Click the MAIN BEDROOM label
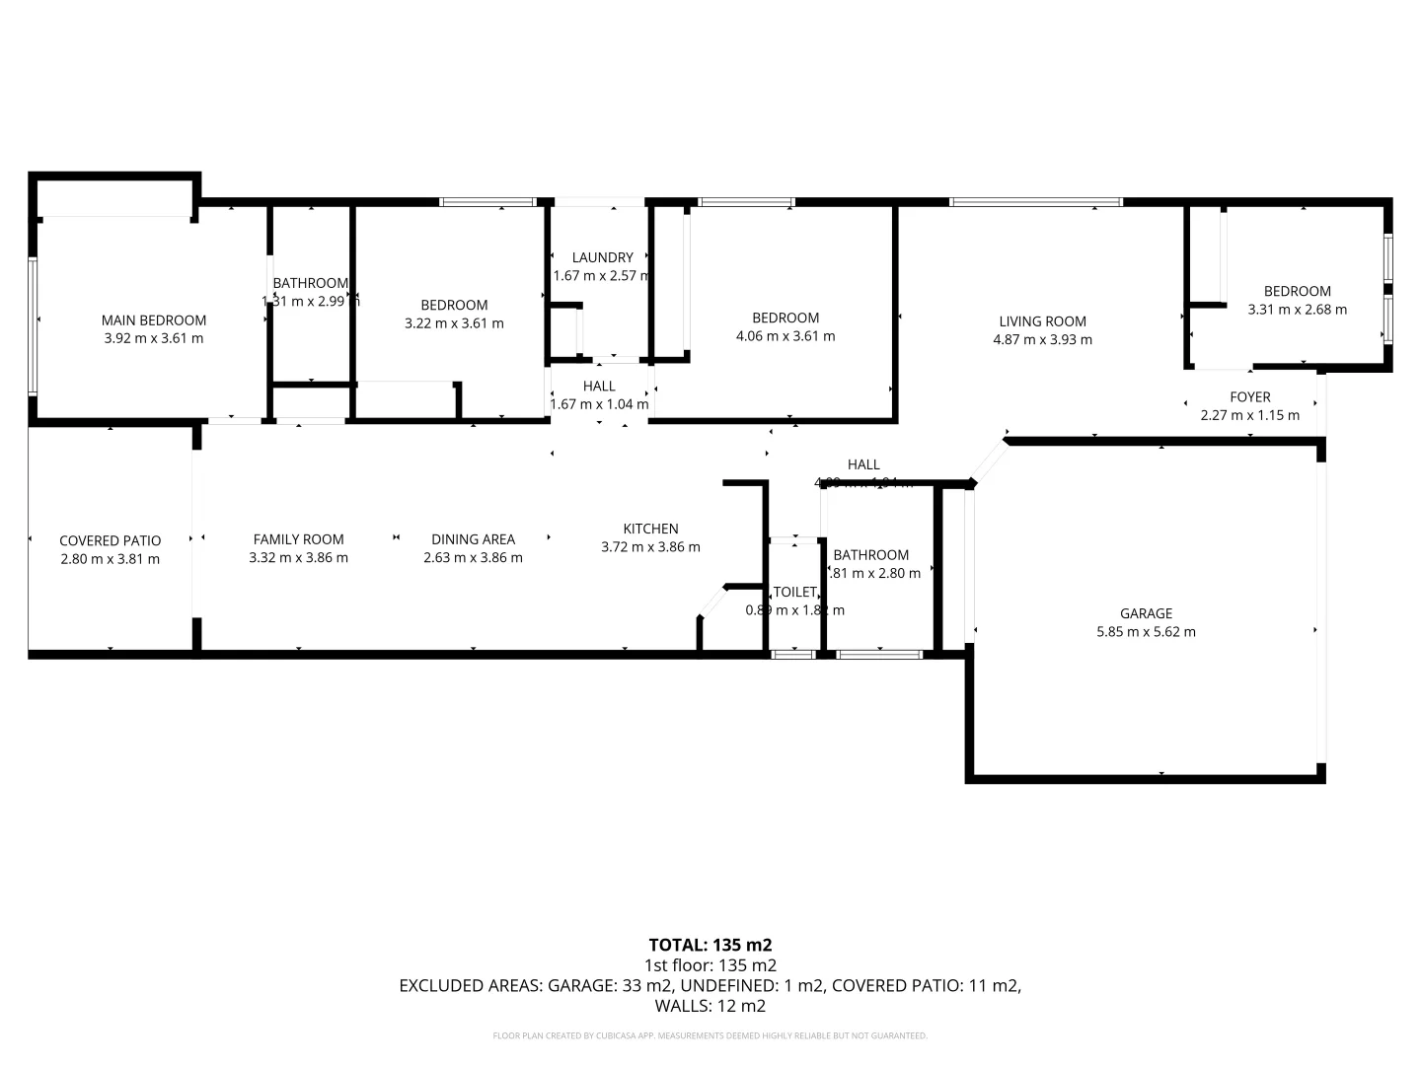coord(154,319)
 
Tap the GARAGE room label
coord(1146,613)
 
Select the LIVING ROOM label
coord(1042,321)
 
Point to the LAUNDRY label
coord(602,257)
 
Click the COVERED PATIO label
coord(110,540)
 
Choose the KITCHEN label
coord(650,529)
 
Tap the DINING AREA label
coord(473,539)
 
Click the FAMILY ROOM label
coord(298,539)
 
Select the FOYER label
coord(1249,397)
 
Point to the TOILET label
coord(794,592)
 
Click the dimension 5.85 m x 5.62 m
coord(1146,632)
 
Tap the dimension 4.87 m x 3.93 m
coord(1042,340)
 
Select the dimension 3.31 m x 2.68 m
coord(1297,310)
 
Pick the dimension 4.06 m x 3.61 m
coord(785,336)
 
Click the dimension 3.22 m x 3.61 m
coord(454,323)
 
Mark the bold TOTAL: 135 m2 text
coord(710,945)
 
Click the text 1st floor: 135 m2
coord(710,965)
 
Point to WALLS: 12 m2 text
coord(710,1006)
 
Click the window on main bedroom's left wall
coord(33,325)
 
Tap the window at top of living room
coord(1035,202)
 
